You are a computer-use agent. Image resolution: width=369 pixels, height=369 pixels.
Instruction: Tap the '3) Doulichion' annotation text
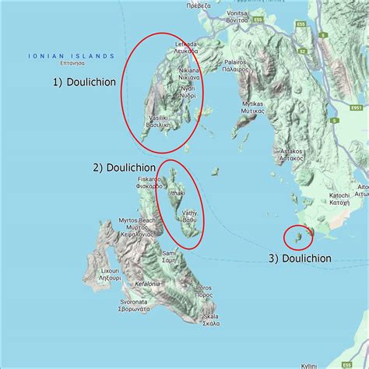click(300, 258)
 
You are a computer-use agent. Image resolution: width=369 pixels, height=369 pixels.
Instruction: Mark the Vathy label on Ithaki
click(191, 216)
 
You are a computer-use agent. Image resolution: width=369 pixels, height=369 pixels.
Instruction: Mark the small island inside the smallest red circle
click(296, 237)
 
